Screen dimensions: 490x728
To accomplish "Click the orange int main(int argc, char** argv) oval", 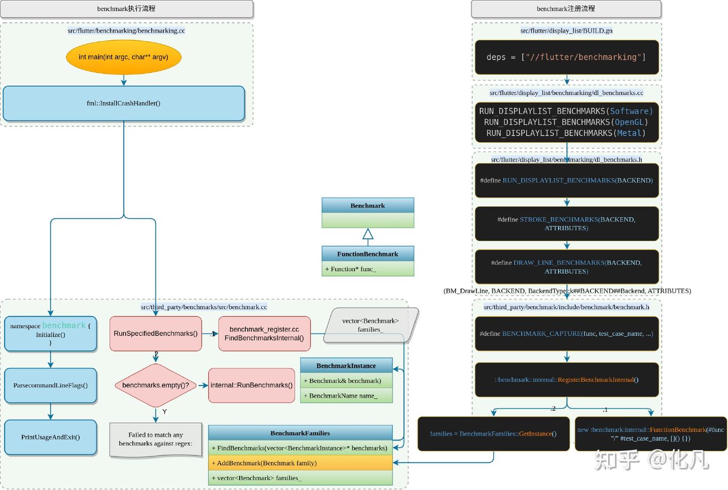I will [x=123, y=57].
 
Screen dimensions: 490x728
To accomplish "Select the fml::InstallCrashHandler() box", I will [x=124, y=103].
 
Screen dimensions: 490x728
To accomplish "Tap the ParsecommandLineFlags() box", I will [x=51, y=385].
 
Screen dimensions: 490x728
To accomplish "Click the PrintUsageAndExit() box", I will [x=51, y=437].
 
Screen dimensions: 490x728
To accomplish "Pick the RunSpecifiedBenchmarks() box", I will [x=156, y=333].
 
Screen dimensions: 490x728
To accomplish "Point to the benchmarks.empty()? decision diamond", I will [x=156, y=385].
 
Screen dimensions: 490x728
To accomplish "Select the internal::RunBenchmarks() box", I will [x=251, y=385].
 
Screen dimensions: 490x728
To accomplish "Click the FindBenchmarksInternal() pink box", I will [x=264, y=334].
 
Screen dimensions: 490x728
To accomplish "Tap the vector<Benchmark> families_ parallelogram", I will [x=371, y=325].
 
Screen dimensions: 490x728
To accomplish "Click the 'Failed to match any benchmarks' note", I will [x=156, y=439].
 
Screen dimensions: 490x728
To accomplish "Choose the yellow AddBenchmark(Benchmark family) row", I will [x=300, y=463].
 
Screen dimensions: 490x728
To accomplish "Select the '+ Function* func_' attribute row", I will [x=368, y=269].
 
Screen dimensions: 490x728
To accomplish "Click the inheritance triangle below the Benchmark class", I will [x=368, y=234].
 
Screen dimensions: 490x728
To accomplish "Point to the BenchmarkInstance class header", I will [x=346, y=365].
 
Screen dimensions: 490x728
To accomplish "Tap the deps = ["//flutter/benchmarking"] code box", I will [x=566, y=57].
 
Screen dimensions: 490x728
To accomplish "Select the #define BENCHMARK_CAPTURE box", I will [x=566, y=334].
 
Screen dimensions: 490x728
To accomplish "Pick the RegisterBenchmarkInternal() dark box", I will [x=566, y=380].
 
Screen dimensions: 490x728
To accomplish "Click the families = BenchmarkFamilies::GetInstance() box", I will [x=493, y=433].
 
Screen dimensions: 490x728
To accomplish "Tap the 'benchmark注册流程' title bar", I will [x=566, y=9].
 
